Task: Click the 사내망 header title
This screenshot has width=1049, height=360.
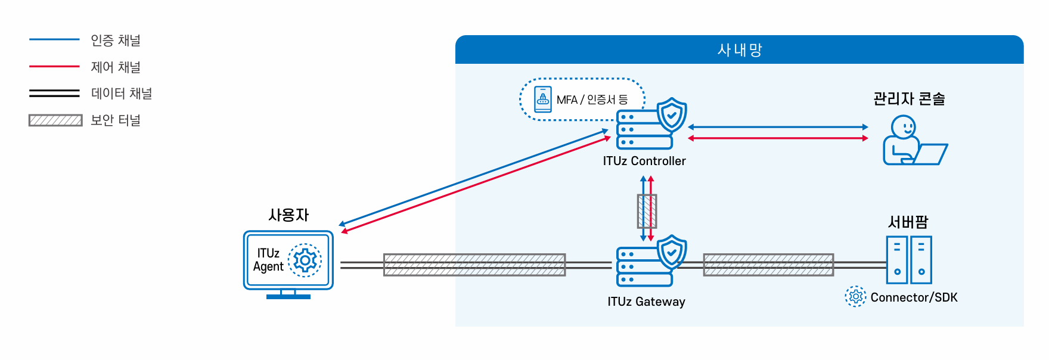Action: [x=740, y=50]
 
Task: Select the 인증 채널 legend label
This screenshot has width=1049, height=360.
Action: [x=116, y=41]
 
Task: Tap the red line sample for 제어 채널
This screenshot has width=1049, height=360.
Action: [x=54, y=67]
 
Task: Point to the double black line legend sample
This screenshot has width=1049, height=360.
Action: [x=54, y=93]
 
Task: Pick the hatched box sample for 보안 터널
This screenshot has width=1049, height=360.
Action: [x=55, y=120]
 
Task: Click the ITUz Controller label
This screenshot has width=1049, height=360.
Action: [x=644, y=161]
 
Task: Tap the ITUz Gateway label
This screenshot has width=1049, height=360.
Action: [x=646, y=302]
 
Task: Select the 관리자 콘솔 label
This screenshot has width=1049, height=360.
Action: [x=909, y=99]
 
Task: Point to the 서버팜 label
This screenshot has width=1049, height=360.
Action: [x=908, y=222]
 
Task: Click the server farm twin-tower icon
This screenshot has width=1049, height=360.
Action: [x=909, y=260]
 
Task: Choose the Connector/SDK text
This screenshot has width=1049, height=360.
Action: [x=914, y=297]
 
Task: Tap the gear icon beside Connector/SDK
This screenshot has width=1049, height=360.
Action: [x=855, y=296]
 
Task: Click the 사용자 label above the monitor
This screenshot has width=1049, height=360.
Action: [x=288, y=215]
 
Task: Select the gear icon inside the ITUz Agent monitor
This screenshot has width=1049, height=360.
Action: [x=305, y=260]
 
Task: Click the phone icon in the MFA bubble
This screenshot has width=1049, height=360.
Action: [x=543, y=100]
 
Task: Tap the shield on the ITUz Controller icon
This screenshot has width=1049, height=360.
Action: [x=672, y=115]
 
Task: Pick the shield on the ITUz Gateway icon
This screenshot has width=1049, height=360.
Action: [x=672, y=252]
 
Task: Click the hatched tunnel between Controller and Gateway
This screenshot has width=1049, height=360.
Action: [x=647, y=211]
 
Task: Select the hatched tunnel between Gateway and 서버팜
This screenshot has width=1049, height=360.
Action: [x=768, y=265]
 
